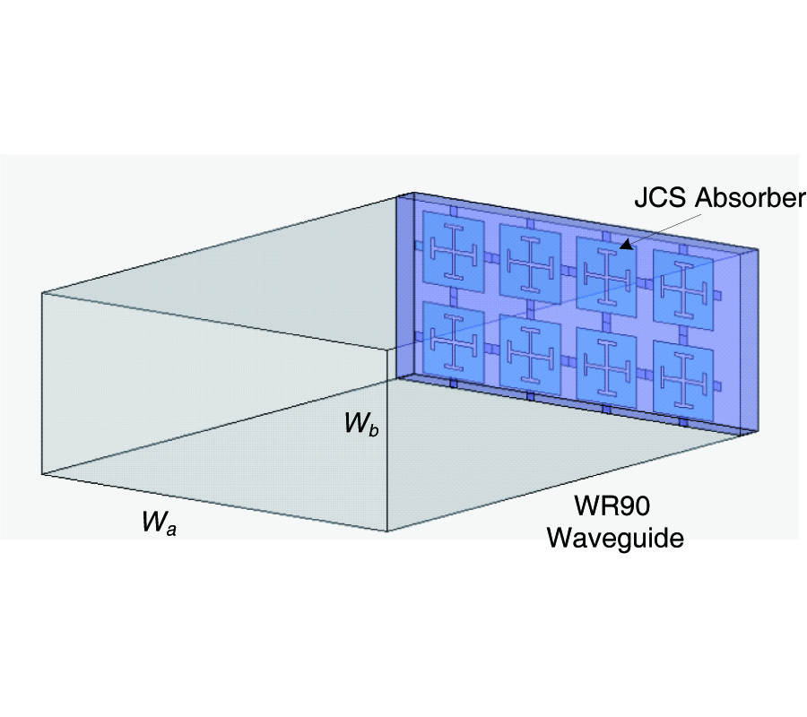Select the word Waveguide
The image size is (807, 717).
[616, 539]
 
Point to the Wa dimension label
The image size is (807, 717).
[159, 523]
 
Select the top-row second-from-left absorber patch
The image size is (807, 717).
[530, 263]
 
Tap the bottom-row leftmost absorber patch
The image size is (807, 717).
[453, 338]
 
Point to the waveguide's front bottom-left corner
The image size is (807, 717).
[42, 473]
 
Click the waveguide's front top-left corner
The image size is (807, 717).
[42, 292]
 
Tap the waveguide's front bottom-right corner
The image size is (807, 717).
[387, 531]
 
